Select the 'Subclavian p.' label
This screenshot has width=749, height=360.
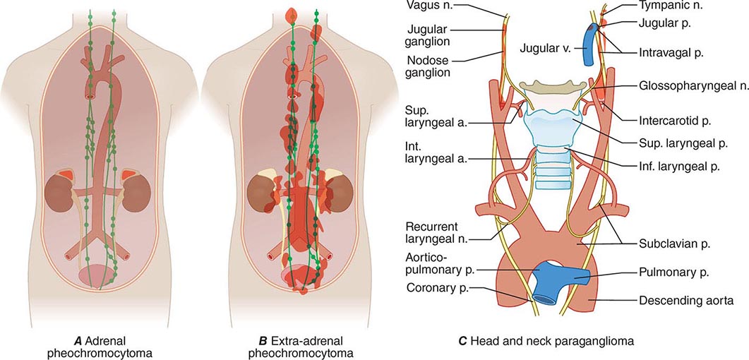pos(675,243)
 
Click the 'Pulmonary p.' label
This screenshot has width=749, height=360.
pos(673,271)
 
